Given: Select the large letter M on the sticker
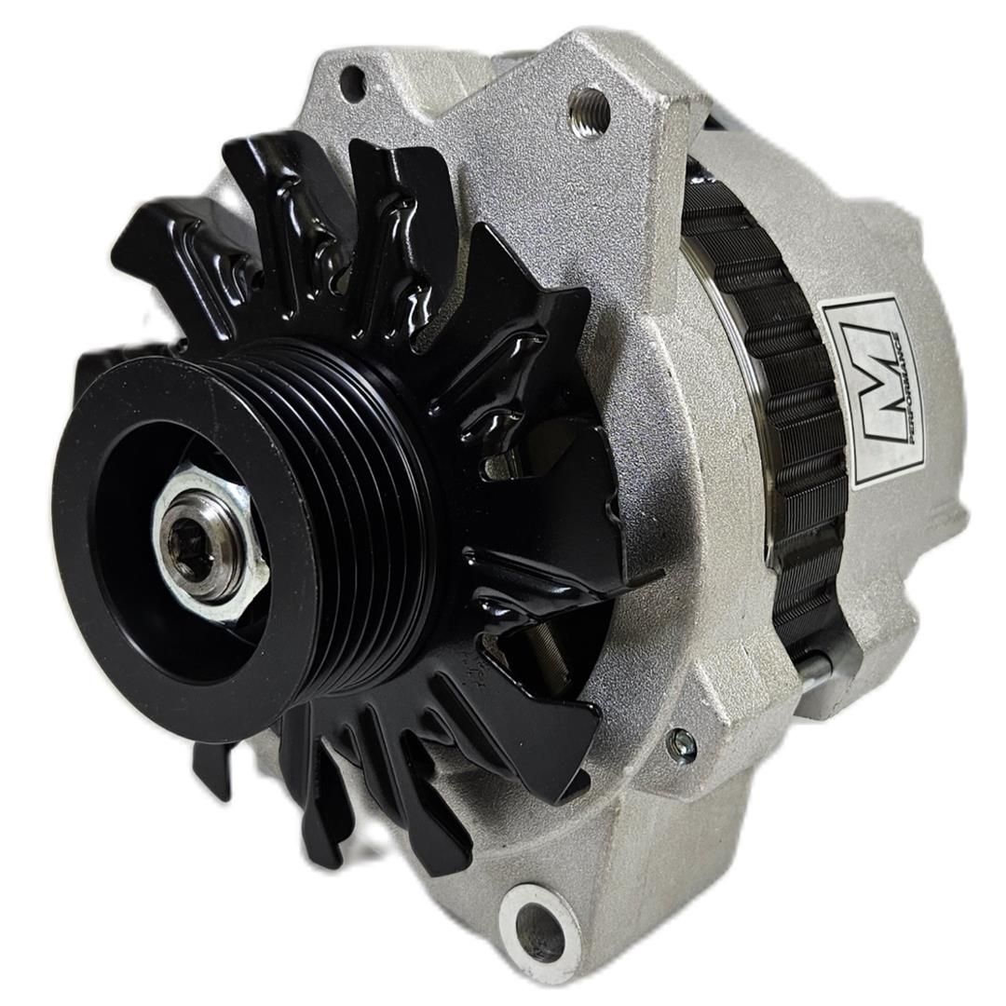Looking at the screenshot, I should click(871, 391).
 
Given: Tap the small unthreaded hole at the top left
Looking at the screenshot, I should click(352, 84).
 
